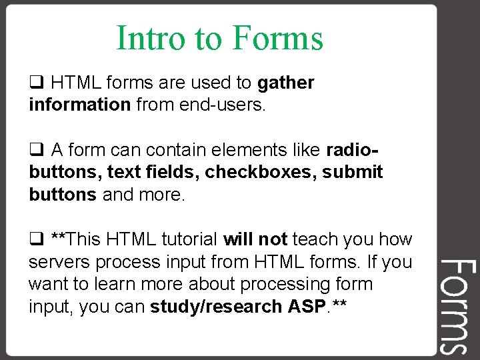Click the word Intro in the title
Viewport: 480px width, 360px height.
tap(151, 38)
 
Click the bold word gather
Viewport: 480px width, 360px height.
tap(285, 83)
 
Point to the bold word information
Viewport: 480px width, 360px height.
tap(79, 105)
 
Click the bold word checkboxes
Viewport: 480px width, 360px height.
tap(261, 172)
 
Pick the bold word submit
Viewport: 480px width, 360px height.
tap(353, 172)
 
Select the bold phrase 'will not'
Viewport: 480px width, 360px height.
tap(255, 239)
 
